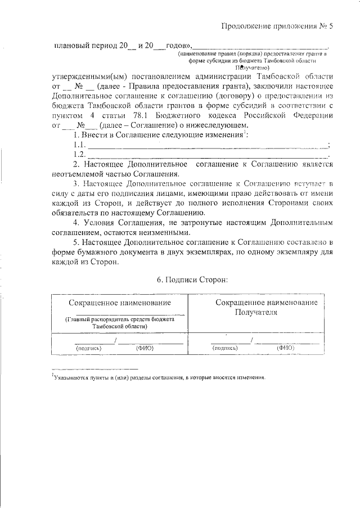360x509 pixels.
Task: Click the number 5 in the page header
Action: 331,25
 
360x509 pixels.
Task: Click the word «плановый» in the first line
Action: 69,46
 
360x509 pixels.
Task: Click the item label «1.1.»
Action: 79,145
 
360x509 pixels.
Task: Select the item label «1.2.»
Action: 79,154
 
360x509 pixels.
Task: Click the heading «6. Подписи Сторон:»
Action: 192,279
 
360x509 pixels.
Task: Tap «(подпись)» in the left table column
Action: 89,348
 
